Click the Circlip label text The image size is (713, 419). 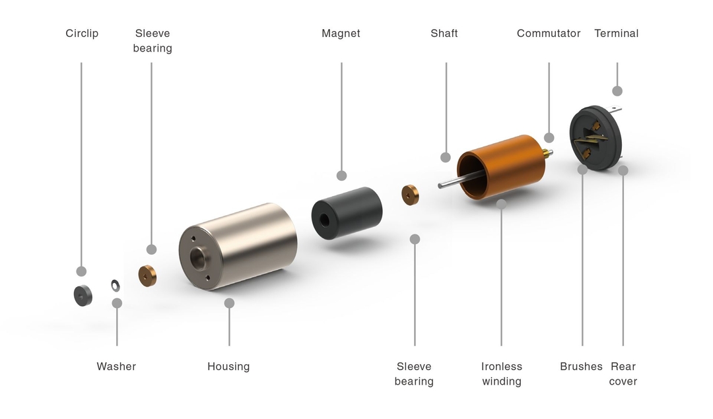click(x=82, y=34)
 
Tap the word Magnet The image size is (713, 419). click(x=341, y=34)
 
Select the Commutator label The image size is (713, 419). click(x=549, y=34)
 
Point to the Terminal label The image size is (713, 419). click(x=617, y=34)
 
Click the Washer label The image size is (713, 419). click(x=116, y=367)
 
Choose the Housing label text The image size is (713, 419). click(x=228, y=367)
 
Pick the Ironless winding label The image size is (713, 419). click(x=502, y=374)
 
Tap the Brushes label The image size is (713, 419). click(x=581, y=367)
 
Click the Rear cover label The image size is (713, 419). click(x=623, y=374)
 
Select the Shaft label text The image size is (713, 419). click(x=444, y=34)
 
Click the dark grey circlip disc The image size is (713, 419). click(x=83, y=296)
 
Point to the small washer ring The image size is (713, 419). click(x=116, y=284)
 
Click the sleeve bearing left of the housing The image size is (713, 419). click(x=147, y=275)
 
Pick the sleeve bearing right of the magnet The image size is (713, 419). click(x=410, y=195)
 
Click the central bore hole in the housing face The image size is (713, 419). click(x=199, y=257)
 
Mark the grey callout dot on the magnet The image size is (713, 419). click(x=341, y=176)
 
